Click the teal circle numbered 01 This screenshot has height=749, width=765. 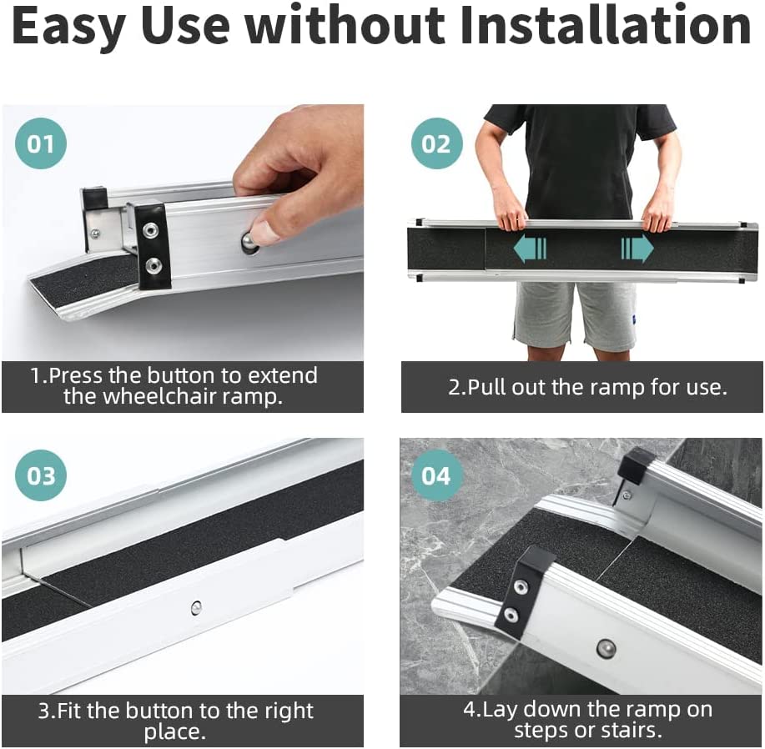click(41, 143)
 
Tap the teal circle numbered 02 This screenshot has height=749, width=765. click(436, 143)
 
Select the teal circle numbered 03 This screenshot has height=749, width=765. click(41, 475)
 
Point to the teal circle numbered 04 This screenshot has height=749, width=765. click(436, 475)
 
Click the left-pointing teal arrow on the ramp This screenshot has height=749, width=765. click(530, 248)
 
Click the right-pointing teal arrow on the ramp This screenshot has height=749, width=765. click(637, 248)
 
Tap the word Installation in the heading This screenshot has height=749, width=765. click(605, 24)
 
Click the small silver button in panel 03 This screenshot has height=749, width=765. click(196, 607)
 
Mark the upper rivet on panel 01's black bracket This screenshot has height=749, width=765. click(151, 229)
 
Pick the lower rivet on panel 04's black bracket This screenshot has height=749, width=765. click(511, 615)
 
